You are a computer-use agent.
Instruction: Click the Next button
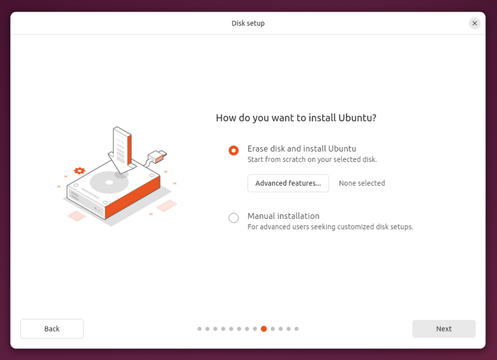443,329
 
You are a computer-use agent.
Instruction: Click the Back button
52,329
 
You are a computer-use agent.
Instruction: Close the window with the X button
474,23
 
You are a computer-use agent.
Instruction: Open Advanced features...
288,183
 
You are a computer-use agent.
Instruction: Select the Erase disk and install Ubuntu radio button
234,150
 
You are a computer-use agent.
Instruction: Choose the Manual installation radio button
234,218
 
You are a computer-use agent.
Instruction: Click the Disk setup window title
248,23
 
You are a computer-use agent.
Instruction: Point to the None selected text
362,183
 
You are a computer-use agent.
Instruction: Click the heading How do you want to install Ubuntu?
296,118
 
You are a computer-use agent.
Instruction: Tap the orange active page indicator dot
263,329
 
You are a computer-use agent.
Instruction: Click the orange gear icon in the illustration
80,171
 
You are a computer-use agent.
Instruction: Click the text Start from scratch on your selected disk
312,159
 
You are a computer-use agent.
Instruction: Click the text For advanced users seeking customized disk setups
330,227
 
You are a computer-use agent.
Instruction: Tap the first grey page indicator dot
199,329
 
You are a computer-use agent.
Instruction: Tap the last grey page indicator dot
296,329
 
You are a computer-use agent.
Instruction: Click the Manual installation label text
283,216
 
